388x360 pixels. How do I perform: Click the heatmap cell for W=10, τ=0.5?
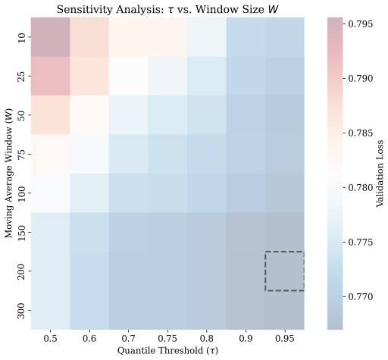(50, 37)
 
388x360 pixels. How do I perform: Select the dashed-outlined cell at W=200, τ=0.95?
(285, 271)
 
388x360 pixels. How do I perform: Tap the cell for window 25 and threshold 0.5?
(50, 76)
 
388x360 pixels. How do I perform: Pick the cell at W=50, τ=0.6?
(89, 115)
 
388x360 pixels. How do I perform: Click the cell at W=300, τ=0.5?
(50, 310)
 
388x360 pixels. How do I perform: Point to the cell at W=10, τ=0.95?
(285, 37)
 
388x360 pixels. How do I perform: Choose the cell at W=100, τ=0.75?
(167, 193)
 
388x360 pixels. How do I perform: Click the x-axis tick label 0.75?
(167, 338)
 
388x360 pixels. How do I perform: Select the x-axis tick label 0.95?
(285, 338)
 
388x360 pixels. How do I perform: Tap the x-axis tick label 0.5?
(50, 338)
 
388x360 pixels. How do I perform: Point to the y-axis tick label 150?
(22, 232)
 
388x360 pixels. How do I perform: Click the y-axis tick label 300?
(22, 310)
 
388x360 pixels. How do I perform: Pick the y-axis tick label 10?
(22, 37)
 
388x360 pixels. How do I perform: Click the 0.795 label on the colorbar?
(361, 24)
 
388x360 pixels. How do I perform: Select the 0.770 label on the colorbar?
(361, 296)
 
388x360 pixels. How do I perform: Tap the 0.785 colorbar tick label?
(361, 133)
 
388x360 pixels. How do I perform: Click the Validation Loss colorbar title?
(380, 174)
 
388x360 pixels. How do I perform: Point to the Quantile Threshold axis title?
(167, 351)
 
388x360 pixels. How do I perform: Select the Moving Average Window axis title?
(9, 182)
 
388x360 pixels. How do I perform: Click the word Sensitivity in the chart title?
(84, 10)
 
